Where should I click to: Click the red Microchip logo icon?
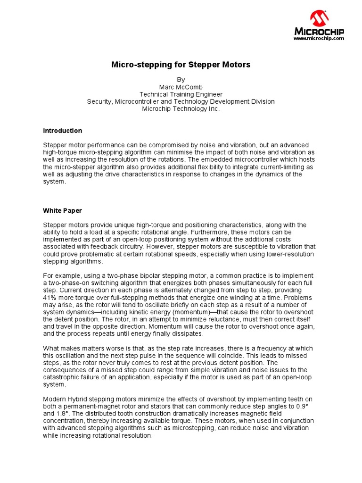319,19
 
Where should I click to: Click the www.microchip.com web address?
319,38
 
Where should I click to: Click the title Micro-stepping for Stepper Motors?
181,65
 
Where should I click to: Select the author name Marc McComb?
181,87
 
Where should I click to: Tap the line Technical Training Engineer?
181,94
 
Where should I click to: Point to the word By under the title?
181,80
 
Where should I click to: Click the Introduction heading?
62,131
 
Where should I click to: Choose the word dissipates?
187,333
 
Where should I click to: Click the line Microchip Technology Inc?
181,108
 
